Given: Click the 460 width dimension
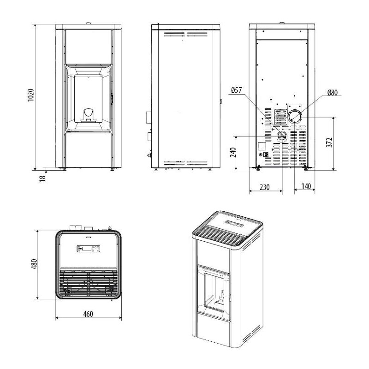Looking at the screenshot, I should (88, 314).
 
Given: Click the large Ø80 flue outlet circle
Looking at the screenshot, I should (295, 117).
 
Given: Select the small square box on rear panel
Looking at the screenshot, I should (262, 146).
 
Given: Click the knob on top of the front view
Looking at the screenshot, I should (88, 23).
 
